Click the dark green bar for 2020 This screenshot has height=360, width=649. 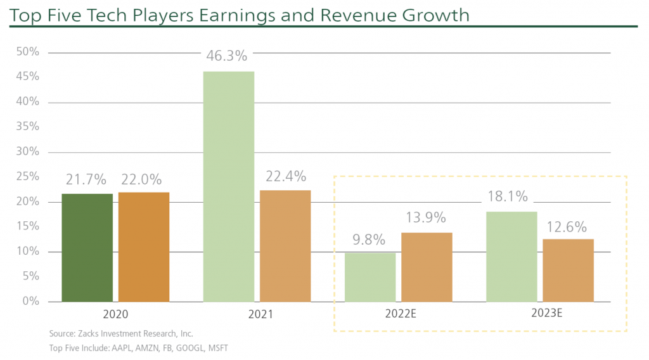click(x=87, y=247)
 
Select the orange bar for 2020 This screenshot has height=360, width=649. click(x=144, y=247)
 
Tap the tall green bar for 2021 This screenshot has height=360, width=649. click(x=228, y=186)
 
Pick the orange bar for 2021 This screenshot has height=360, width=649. click(x=285, y=246)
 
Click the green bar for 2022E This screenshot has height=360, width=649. click(x=370, y=277)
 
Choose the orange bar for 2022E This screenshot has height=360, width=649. click(x=427, y=267)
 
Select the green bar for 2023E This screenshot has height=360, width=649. click(x=511, y=256)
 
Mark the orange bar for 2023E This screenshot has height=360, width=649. click(x=569, y=270)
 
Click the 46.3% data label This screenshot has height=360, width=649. click(x=226, y=56)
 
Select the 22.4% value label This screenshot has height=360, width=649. click(x=285, y=176)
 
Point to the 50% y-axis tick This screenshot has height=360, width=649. click(x=27, y=52)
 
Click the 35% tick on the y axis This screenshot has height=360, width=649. click(x=27, y=127)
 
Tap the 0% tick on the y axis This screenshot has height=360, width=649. click(x=30, y=301)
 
